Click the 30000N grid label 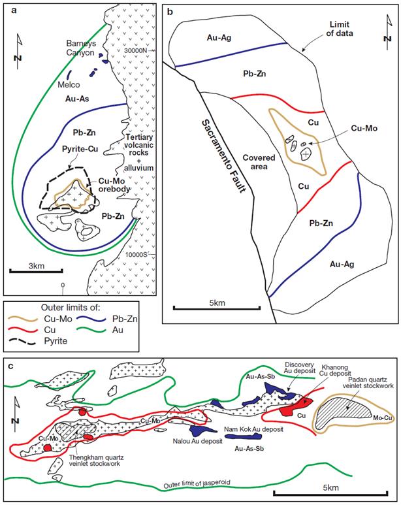pyautogui.click(x=140, y=50)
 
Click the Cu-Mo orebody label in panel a pyautogui.click(x=118, y=186)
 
